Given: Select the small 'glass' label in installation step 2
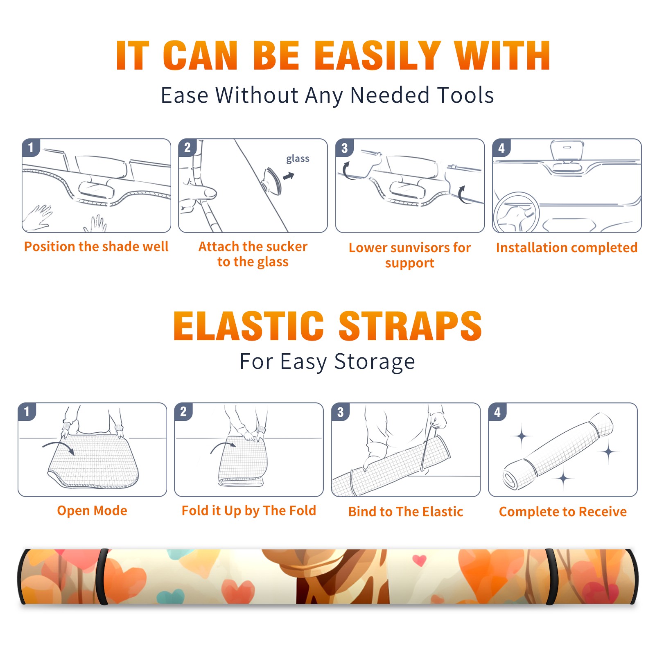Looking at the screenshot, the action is [298, 159].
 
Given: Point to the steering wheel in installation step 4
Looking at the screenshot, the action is [516, 213].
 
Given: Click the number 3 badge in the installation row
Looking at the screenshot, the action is [344, 148].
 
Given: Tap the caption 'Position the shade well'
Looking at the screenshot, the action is [96, 246].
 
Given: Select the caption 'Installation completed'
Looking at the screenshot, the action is [567, 247].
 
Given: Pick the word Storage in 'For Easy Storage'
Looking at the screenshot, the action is [375, 362].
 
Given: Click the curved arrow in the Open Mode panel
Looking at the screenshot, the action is [59, 447].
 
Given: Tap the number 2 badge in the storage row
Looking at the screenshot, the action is [183, 411].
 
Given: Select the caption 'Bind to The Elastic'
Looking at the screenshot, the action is [406, 511].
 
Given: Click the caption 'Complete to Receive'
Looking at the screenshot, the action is [563, 511].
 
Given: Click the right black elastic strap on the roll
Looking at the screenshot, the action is [551, 576].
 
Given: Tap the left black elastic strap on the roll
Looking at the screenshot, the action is [103, 576].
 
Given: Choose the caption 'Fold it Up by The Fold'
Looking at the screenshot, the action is [249, 510].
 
